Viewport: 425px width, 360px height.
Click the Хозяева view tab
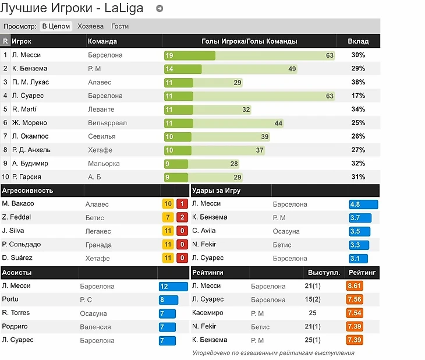[x=90, y=26]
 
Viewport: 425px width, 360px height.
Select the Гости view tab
[x=120, y=26]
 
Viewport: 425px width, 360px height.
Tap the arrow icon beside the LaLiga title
[x=160, y=9]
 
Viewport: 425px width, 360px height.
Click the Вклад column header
[x=358, y=41]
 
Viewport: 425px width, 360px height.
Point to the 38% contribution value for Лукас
[x=358, y=82]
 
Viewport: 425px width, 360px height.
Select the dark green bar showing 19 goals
[x=189, y=55]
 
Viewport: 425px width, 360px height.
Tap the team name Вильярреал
[x=107, y=123]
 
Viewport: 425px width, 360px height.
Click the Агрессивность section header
[x=28, y=190]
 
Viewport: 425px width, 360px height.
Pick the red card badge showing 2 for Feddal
[x=182, y=217]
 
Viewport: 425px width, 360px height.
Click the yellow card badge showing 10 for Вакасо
[x=168, y=204]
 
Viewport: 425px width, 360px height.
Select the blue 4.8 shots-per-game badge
[x=363, y=204]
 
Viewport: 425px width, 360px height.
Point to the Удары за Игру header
[x=217, y=190]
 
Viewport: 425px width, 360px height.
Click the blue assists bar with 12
[x=173, y=287]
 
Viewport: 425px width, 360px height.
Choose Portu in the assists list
[x=10, y=299]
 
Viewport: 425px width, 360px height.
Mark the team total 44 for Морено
[x=278, y=123]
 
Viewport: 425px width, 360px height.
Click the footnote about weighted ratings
[x=273, y=352]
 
